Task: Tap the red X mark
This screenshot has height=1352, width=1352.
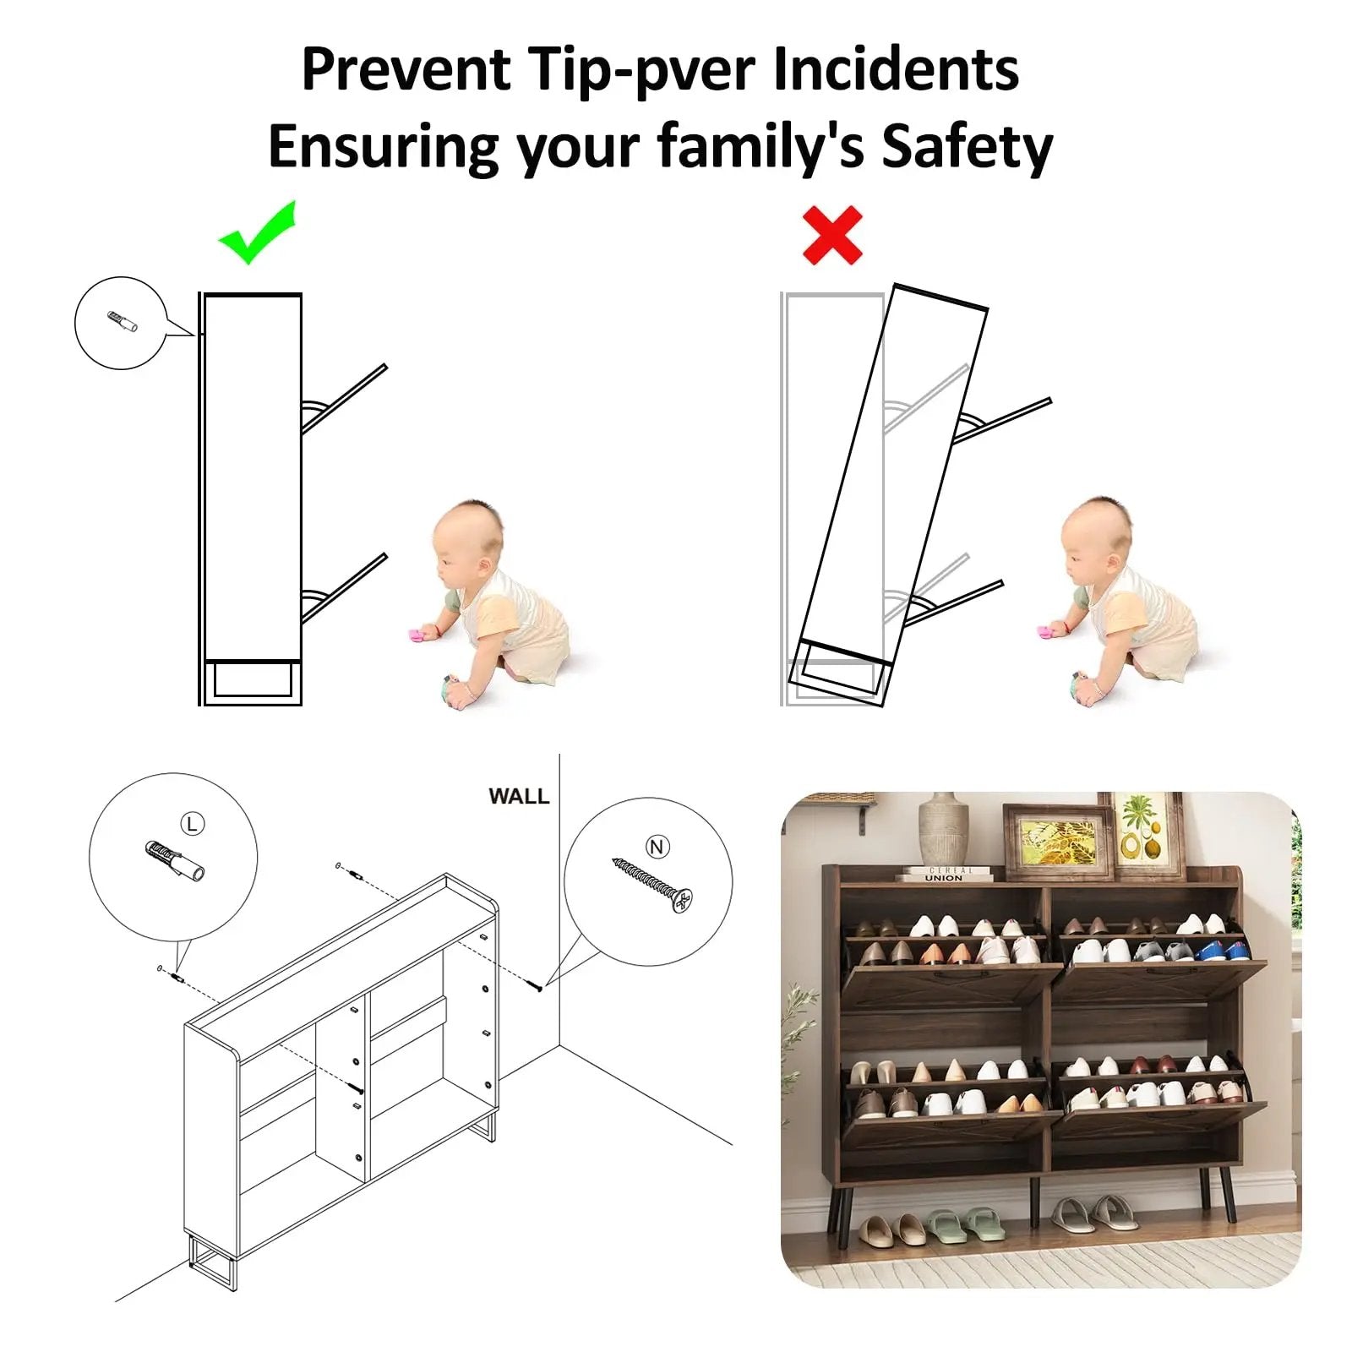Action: [x=832, y=235]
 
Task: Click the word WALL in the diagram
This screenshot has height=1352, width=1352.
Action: [x=519, y=796]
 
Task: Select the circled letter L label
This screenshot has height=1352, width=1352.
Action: [x=193, y=823]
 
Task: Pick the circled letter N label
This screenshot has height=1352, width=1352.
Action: [x=657, y=847]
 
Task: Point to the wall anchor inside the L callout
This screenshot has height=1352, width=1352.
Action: [x=175, y=859]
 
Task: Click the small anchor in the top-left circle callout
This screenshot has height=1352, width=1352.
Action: [x=123, y=321]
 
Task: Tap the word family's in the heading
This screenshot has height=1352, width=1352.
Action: [x=760, y=148]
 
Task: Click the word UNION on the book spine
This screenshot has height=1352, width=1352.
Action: [x=943, y=878]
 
